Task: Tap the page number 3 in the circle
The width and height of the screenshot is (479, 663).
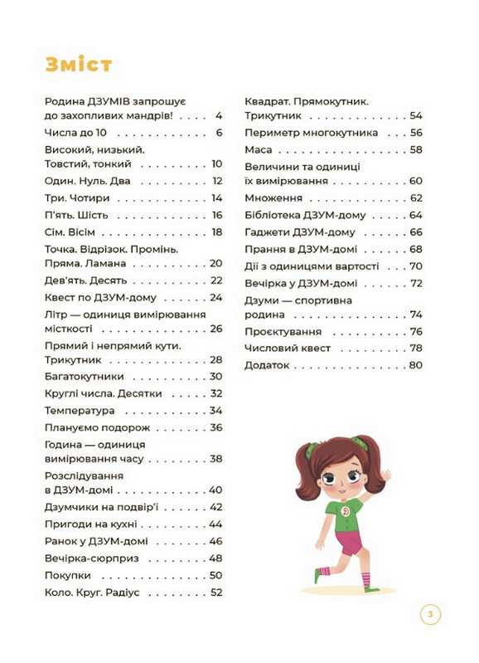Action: tap(430, 615)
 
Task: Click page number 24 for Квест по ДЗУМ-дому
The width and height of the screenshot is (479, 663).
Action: tap(216, 297)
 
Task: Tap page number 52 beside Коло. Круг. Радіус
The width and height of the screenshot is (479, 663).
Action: tap(216, 592)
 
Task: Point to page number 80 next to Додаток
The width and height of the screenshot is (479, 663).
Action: tap(416, 364)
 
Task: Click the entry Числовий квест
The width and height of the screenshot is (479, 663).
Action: tap(288, 348)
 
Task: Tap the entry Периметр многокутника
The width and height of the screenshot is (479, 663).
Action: tap(311, 133)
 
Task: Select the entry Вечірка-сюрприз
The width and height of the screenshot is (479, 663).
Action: tap(89, 558)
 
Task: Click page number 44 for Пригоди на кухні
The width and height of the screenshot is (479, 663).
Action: tap(216, 524)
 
